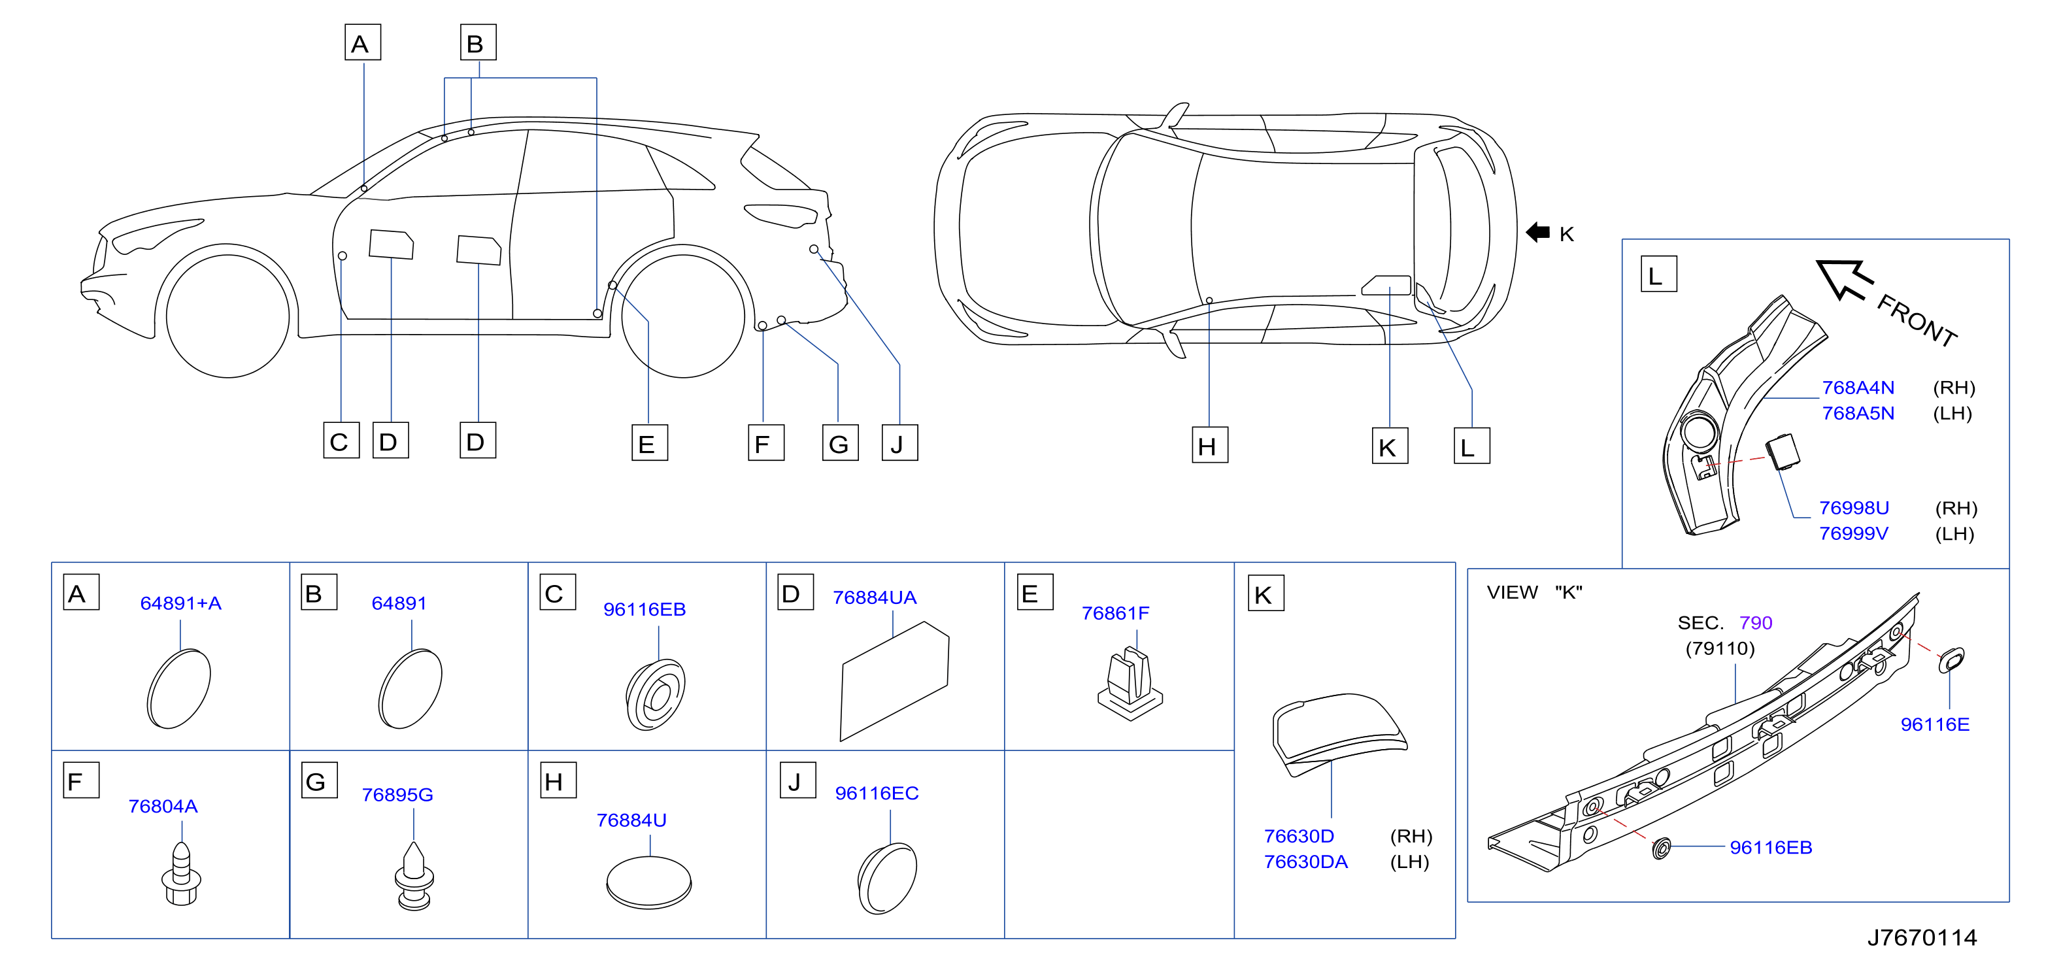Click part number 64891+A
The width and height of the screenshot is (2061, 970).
[x=181, y=603]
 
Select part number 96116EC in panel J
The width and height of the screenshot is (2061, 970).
[x=877, y=793]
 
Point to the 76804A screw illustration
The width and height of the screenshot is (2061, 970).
[x=182, y=873]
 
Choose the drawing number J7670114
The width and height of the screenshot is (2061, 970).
[x=1922, y=937]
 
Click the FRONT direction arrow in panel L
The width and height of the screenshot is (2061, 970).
[x=1843, y=280]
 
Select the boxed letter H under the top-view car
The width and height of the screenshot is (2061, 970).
[x=1209, y=446]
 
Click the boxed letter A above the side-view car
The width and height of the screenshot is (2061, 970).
[x=362, y=42]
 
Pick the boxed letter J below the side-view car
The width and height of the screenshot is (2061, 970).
[x=899, y=443]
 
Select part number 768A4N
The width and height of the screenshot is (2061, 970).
[x=1858, y=388]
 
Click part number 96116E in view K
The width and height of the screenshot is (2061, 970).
[x=1935, y=724]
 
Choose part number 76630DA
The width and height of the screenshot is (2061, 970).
[x=1306, y=862]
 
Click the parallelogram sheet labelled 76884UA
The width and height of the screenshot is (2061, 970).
[x=894, y=681]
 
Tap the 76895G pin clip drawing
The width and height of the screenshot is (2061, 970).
[x=414, y=877]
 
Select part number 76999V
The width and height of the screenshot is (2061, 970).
[x=1854, y=534]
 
